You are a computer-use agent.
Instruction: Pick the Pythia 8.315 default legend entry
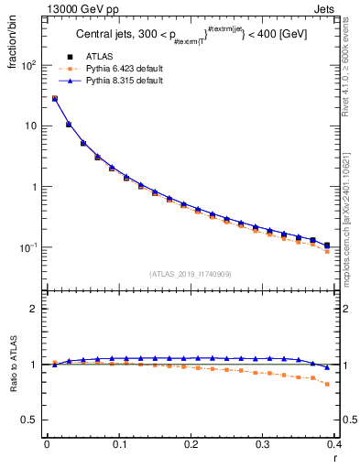tap(123, 81)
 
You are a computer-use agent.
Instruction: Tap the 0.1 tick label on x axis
tap(118, 445)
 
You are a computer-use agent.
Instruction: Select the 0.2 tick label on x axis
tap(190, 445)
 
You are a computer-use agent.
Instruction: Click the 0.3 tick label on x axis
tap(262, 445)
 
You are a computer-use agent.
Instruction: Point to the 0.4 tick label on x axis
tap(333, 445)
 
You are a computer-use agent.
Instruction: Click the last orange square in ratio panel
tap(327, 385)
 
